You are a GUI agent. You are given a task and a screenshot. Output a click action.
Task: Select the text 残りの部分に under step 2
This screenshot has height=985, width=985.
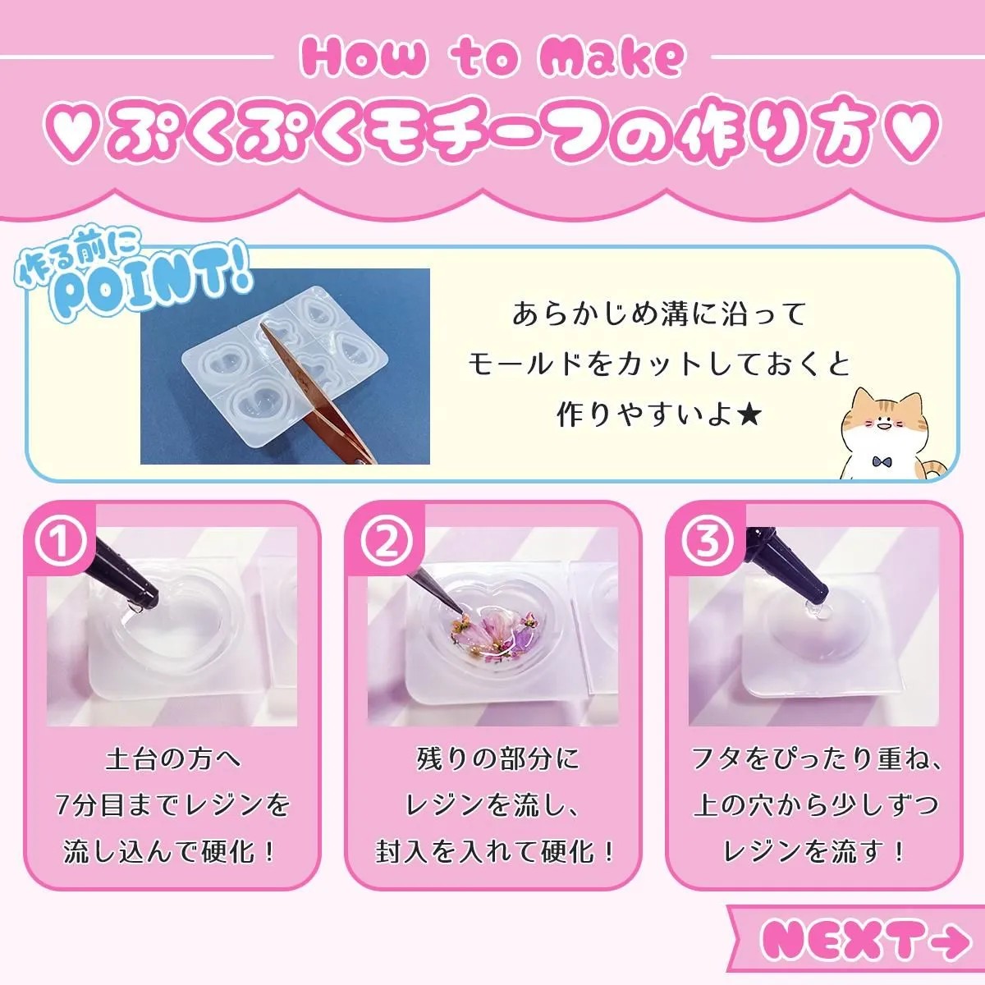497,759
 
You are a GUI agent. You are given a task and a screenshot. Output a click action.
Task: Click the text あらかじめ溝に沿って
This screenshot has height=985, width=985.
659,314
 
